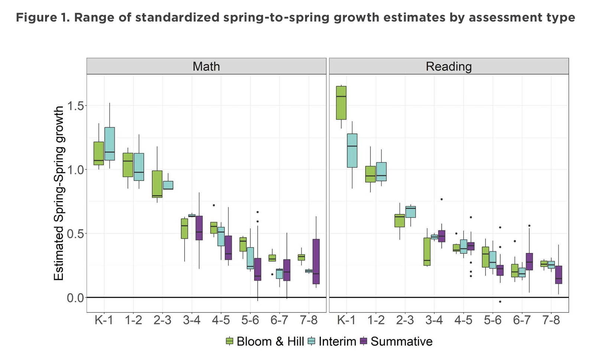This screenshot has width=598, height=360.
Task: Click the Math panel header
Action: pos(206,66)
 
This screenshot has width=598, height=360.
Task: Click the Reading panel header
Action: pos(448,66)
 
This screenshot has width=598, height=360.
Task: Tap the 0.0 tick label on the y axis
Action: pos(75,298)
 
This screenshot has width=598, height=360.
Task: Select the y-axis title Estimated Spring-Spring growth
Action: pos(59,193)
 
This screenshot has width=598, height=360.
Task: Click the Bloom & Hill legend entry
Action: pos(265,341)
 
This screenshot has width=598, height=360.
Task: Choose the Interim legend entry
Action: pos(333,341)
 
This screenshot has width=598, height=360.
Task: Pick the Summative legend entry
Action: pos(397,341)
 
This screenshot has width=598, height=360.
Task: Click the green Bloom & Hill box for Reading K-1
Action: pos(341,103)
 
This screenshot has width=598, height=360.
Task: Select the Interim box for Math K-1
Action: pos(110,144)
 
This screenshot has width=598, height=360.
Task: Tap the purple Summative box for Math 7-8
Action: pos(316,262)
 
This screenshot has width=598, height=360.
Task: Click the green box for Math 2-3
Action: pos(157,184)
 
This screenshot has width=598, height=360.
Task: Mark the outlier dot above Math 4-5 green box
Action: pos(214,205)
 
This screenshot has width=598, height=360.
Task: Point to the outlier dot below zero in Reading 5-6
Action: pos(500,302)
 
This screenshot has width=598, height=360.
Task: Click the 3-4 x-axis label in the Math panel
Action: pos(191,320)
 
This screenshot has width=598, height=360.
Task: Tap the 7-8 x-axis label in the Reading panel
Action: pos(551,320)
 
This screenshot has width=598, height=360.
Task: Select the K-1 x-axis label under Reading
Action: pos(346,320)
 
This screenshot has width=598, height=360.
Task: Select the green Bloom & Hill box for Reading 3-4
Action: pos(427,252)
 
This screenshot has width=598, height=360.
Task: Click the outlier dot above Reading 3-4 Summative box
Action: pos(441,199)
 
